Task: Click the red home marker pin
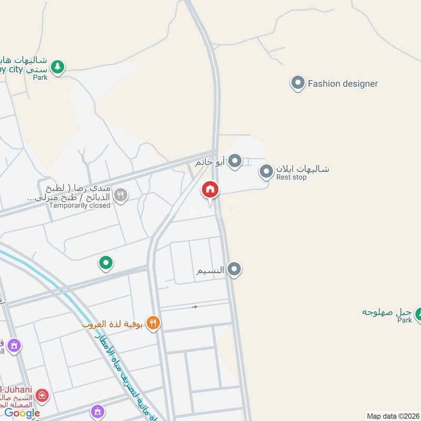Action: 210,190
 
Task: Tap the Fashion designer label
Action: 343,84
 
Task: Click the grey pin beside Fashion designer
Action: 298,83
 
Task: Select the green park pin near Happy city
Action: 57,68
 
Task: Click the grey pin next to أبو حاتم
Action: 235,161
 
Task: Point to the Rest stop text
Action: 291,177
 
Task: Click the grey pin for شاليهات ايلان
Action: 267,171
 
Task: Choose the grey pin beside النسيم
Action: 235,270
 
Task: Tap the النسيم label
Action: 210,270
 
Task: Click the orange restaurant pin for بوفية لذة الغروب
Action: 153,323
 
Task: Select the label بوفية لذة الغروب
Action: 113,324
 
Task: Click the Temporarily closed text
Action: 79,205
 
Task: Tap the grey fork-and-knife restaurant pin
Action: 121,196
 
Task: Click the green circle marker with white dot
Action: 106,263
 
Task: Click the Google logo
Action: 22,414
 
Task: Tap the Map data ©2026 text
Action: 392,416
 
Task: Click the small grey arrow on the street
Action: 195,307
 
